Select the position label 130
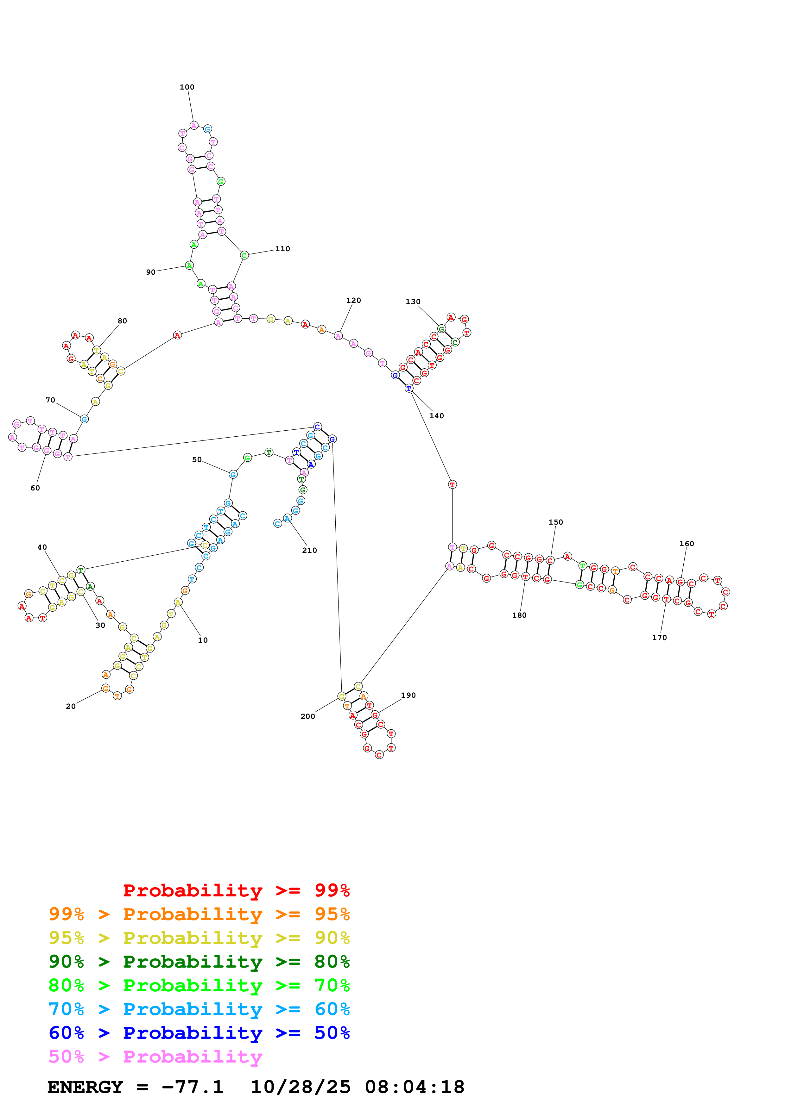[413, 302]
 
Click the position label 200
[307, 716]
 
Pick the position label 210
[310, 550]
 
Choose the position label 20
[71, 706]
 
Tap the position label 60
[35, 488]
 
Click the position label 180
[519, 615]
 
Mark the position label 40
[42, 547]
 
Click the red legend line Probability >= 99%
[236, 890]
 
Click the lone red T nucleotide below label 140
[452, 484]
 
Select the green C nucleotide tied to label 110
[244, 255]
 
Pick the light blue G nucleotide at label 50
[233, 474]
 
